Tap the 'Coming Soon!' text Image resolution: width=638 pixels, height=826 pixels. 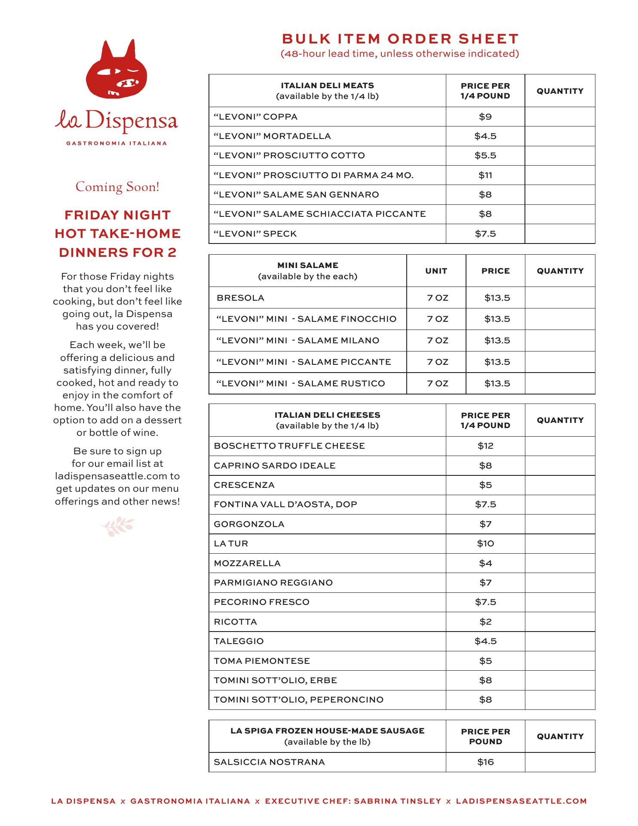click(x=117, y=187)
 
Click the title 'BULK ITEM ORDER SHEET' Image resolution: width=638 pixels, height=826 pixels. click(x=400, y=39)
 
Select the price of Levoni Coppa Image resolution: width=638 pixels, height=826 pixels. click(x=485, y=117)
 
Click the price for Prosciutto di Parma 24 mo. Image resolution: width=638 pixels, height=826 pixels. click(x=485, y=175)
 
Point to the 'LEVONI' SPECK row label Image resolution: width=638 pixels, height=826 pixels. click(x=255, y=234)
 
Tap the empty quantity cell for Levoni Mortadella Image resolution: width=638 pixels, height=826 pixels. click(x=560, y=136)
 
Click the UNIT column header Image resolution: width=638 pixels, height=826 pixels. click(x=436, y=271)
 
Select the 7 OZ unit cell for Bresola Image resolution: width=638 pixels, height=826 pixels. click(x=437, y=298)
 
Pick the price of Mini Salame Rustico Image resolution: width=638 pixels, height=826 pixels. click(x=497, y=383)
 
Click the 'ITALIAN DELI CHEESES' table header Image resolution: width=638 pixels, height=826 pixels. click(x=327, y=415)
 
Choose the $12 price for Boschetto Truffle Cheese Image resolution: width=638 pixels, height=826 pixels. click(x=485, y=446)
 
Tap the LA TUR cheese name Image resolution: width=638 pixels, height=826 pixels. click(x=231, y=543)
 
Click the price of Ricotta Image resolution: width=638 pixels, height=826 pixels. click(x=485, y=622)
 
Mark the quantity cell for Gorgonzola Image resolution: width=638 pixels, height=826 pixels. click(x=560, y=524)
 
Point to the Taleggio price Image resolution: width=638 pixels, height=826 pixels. click(x=485, y=641)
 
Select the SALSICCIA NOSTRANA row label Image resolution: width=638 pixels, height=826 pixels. click(x=269, y=762)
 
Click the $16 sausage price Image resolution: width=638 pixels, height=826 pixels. click(x=485, y=762)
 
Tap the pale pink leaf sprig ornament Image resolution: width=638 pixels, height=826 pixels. click(x=117, y=526)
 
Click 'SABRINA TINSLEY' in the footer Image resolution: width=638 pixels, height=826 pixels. click(x=398, y=801)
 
